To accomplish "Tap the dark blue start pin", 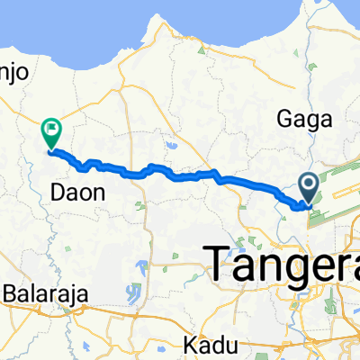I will coord(309,188).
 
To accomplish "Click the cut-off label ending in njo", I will coord(15,76).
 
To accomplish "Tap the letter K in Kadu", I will coord(187,344).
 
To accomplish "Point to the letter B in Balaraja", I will coord(11,293).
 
